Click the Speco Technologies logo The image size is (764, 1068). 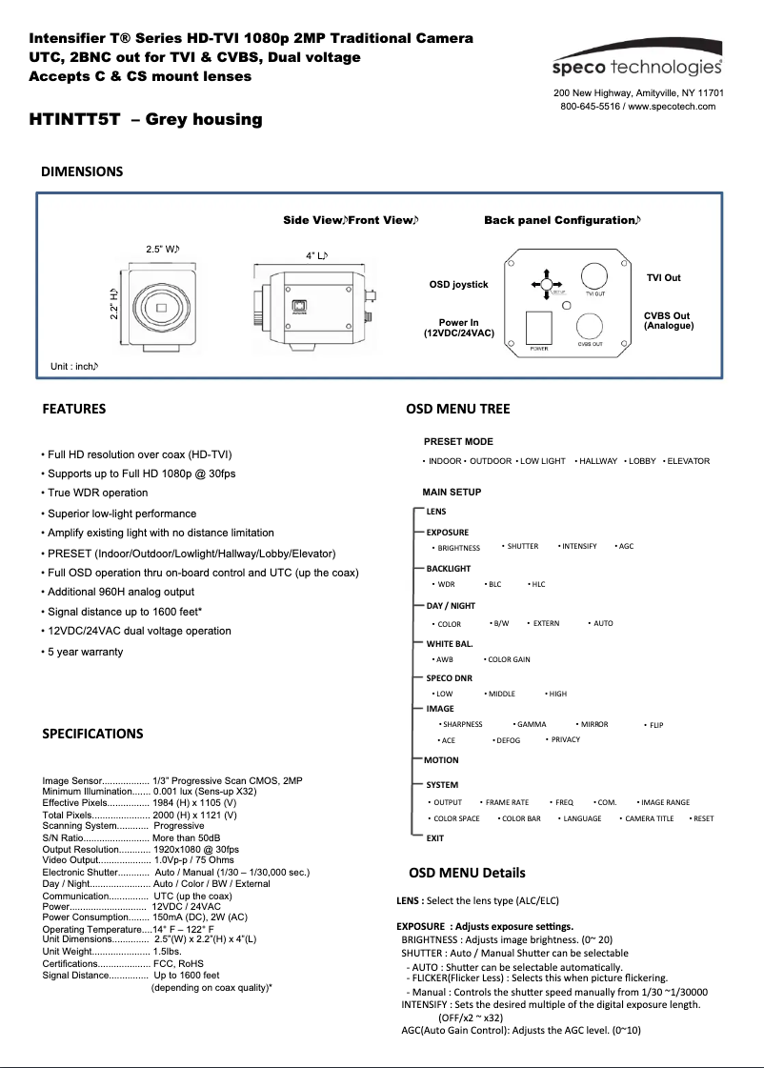tap(637, 66)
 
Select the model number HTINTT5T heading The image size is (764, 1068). tap(146, 120)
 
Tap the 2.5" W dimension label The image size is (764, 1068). tap(162, 249)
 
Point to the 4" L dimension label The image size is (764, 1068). tap(316, 255)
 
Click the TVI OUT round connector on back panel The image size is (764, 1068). tap(595, 275)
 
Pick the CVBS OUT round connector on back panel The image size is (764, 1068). tap(590, 325)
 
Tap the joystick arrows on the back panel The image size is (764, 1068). tap(545, 284)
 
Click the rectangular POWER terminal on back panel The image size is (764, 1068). tap(538, 327)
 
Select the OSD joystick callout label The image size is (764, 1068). tap(458, 285)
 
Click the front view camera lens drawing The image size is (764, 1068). tap(163, 307)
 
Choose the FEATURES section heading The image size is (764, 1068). tap(74, 410)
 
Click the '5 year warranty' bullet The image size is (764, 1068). tap(85, 652)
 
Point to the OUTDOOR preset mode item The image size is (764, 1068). tap(490, 461)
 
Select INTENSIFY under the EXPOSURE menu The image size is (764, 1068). tap(579, 546)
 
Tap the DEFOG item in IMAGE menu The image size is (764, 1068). tap(508, 740)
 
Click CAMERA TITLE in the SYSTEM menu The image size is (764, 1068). tap(649, 818)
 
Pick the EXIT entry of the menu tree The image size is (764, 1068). tap(435, 838)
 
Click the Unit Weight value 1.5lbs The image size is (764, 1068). tap(167, 951)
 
